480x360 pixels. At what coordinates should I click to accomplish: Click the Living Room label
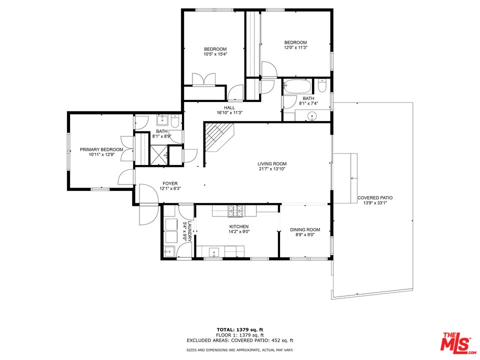tap(272, 164)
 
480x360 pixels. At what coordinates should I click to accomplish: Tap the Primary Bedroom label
tap(101, 149)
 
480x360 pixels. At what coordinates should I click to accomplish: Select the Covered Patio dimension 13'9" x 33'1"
tap(375, 202)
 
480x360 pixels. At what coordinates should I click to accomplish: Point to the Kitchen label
tap(239, 226)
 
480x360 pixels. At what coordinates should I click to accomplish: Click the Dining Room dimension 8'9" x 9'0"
tap(305, 234)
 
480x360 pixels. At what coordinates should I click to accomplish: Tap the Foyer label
tap(170, 183)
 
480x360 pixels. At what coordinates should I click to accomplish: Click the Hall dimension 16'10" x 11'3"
tap(229, 112)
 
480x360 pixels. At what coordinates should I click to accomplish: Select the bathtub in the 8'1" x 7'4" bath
tap(297, 86)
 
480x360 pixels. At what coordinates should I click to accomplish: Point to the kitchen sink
tap(213, 252)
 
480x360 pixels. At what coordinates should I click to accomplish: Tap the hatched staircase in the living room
tap(218, 137)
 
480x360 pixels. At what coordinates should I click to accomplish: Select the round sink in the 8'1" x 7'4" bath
tap(312, 116)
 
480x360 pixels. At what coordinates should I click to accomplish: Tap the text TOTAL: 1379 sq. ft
tap(239, 329)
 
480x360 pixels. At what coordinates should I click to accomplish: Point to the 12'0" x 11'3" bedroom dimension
tap(295, 48)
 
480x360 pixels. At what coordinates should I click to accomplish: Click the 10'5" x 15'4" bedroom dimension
tap(215, 54)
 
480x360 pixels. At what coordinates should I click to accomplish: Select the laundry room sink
tap(169, 251)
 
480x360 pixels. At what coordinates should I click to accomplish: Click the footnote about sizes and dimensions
tap(239, 350)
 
